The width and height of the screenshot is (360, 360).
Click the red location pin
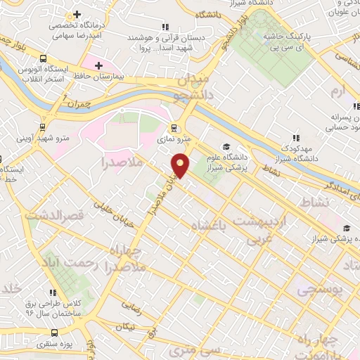pos(181,165)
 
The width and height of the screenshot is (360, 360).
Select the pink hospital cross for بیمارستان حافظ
pos(99,66)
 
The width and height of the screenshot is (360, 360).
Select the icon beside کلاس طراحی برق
pos(52,292)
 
